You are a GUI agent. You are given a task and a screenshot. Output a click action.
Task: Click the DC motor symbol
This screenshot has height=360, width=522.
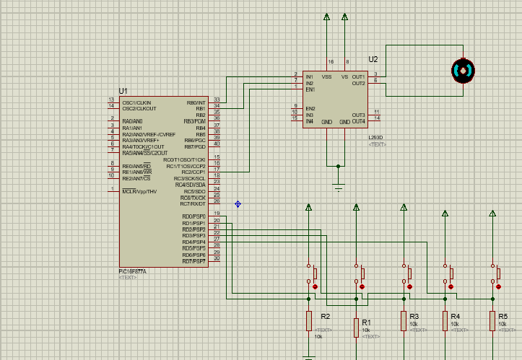click(462, 70)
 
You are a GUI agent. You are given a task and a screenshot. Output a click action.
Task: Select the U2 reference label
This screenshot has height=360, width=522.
click(373, 59)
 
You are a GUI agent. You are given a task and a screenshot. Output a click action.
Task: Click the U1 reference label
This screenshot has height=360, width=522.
click(123, 91)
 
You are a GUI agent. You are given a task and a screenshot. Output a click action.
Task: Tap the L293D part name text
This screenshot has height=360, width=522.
click(376, 137)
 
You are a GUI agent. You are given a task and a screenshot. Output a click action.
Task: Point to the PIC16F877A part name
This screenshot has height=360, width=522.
click(133, 271)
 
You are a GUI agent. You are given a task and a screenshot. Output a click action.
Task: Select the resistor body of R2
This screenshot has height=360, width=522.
click(309, 321)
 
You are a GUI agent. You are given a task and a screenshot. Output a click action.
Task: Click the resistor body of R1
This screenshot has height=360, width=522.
click(356, 328)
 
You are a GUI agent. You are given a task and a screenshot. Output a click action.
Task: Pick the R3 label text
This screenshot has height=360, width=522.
click(414, 317)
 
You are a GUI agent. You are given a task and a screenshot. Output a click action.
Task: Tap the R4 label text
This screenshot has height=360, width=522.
click(455, 317)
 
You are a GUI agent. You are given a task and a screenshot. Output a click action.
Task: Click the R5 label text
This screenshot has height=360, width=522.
click(503, 317)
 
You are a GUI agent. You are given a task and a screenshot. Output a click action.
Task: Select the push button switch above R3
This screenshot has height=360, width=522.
click(406, 274)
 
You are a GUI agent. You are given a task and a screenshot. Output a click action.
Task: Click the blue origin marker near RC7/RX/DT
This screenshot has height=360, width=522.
click(238, 204)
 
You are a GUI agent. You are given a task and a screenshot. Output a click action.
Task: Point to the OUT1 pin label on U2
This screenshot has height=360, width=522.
click(358, 76)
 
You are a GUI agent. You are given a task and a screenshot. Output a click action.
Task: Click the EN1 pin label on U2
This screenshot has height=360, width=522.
click(310, 89)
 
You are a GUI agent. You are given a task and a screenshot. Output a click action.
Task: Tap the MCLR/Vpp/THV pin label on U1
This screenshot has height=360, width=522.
click(139, 191)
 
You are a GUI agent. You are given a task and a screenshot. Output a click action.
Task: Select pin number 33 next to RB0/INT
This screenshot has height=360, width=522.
click(217, 100)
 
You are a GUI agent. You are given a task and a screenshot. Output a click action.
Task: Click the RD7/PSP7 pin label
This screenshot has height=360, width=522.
click(193, 261)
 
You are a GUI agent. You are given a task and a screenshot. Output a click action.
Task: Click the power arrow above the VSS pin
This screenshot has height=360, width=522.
click(327, 17)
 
